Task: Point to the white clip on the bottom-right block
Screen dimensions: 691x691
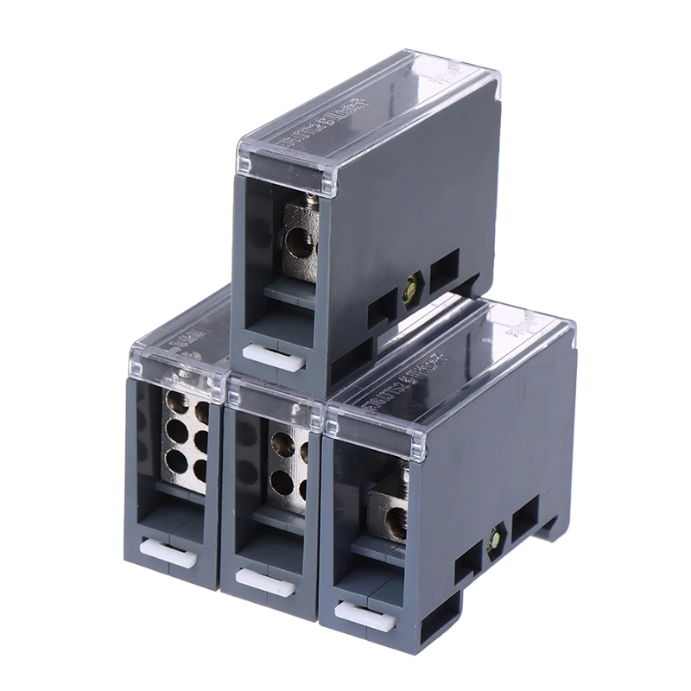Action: (x=365, y=615)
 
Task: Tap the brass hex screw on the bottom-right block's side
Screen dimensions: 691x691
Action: (x=496, y=536)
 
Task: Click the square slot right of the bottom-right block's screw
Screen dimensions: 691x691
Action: (x=524, y=520)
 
